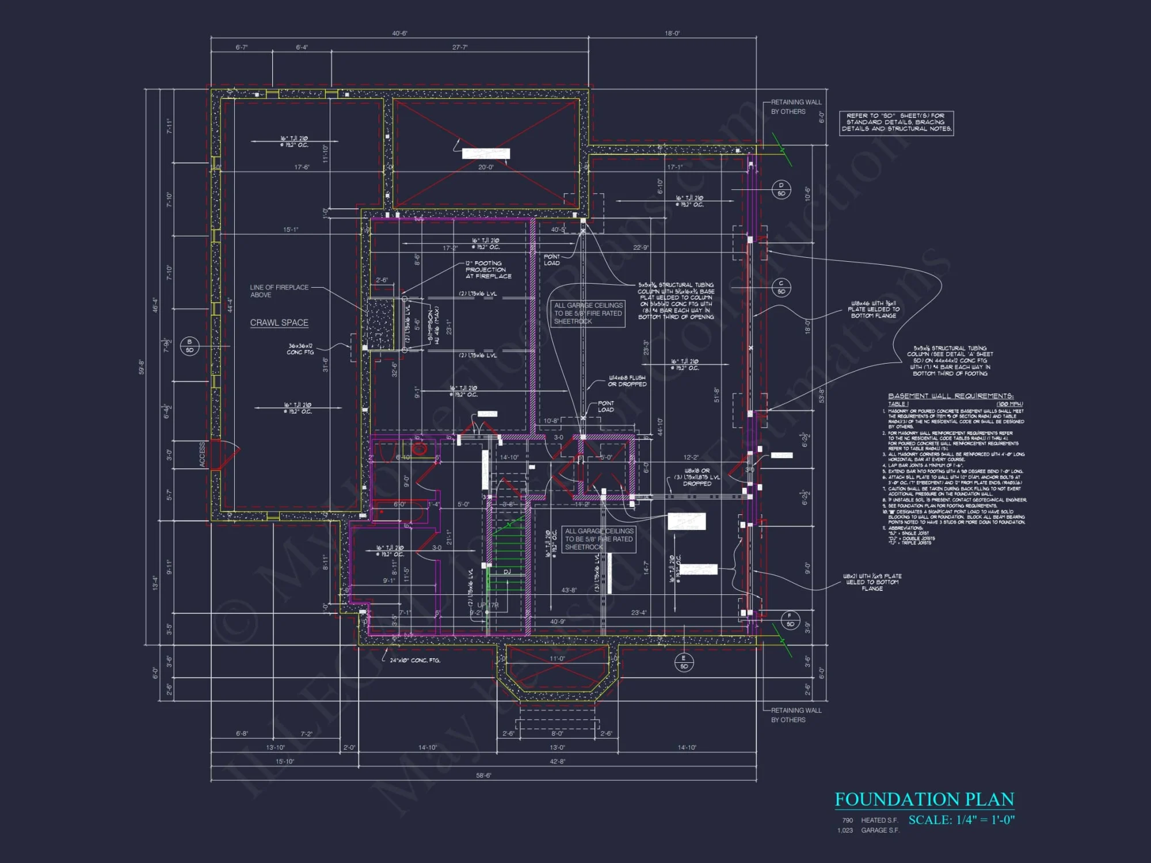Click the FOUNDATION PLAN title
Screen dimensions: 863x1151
924,799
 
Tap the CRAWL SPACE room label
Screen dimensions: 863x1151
279,323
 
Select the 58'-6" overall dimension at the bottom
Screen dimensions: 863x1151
483,775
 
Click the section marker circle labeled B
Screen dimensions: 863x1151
189,346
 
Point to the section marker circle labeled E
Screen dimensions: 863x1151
684,662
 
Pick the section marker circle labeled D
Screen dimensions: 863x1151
781,189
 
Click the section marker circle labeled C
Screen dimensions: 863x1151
781,287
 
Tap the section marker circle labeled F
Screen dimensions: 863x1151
790,620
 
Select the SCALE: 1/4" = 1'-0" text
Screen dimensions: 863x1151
961,820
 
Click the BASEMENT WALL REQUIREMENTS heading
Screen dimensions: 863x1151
950,396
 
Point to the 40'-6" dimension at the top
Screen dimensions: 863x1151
399,33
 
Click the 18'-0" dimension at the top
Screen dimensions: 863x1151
672,33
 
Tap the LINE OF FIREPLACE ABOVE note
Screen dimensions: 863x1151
279,291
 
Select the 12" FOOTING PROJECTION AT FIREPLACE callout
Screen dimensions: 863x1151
487,270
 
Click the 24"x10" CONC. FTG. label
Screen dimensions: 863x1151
414,660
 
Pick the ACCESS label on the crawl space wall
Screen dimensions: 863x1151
203,455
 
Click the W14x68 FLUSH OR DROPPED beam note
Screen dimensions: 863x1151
627,381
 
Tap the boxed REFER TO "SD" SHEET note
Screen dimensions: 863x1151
896,123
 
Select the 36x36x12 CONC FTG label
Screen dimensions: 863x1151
300,349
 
